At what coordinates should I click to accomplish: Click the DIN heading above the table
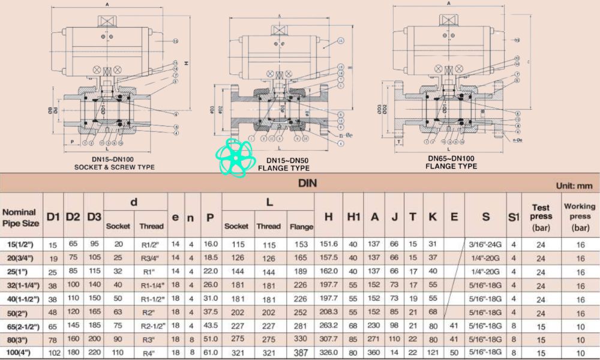click(x=307, y=184)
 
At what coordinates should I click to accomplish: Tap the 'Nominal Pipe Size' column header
click(x=22, y=217)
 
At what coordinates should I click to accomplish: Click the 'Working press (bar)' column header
click(x=580, y=217)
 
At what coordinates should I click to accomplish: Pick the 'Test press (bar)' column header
click(x=541, y=217)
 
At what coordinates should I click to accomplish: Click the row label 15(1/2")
click(x=22, y=245)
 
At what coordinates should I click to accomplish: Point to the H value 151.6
click(x=328, y=245)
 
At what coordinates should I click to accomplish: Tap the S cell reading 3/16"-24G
click(x=485, y=245)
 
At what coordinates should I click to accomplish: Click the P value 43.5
click(x=211, y=326)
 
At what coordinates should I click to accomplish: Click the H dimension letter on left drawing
click(x=186, y=64)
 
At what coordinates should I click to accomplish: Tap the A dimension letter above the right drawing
click(x=449, y=4)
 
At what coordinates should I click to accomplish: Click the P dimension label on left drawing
click(x=71, y=142)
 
